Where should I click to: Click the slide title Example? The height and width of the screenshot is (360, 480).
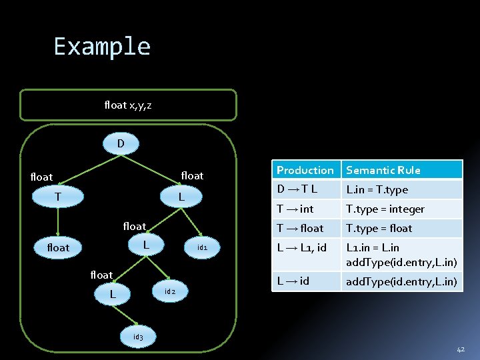coord(102,47)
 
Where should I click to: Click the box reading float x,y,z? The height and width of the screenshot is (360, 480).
coord(128,105)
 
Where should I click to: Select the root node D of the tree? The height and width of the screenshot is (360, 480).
coord(121,143)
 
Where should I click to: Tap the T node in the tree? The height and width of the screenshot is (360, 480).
coord(58,197)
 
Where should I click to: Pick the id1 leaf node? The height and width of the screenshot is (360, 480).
coord(203,248)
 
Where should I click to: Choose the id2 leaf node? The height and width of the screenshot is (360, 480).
coord(169,291)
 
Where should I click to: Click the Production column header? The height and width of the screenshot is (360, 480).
coord(305,170)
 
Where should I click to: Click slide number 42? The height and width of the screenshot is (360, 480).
coord(461,349)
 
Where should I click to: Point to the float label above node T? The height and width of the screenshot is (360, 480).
coord(41,177)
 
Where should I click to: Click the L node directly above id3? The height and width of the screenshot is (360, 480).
coord(113,294)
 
